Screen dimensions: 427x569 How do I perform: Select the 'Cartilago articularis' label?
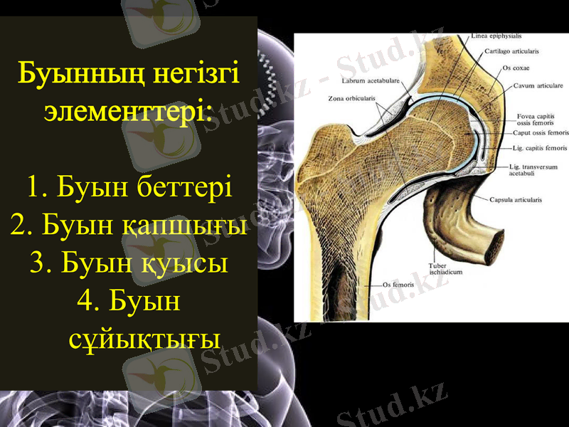511,51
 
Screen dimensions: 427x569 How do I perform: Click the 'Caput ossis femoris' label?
541,133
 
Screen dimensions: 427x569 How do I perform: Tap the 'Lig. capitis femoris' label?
539,148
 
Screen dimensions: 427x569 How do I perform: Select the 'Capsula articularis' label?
516,200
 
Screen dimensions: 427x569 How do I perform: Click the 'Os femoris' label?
398,285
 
